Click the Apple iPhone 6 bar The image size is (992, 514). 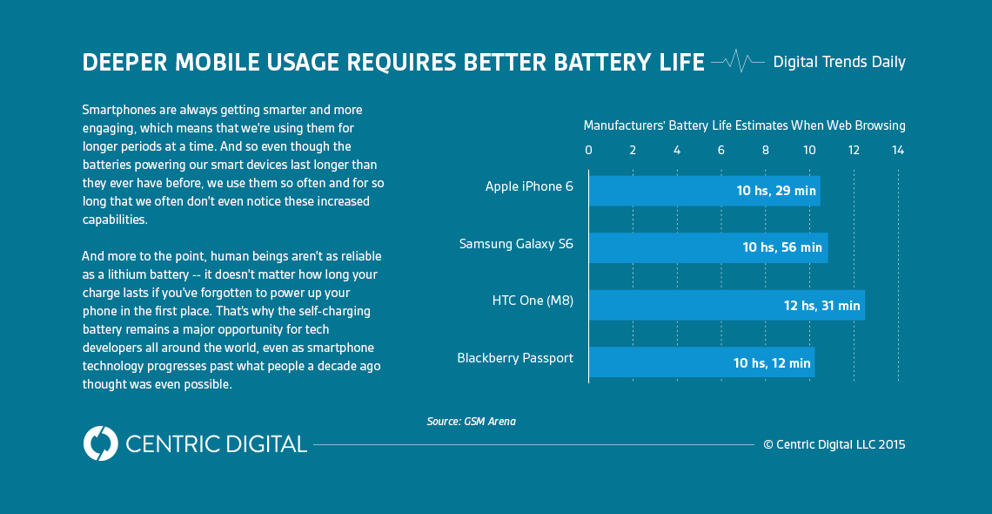coord(661,190)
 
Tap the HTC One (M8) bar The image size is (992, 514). coord(679,305)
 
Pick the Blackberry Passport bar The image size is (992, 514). coord(661,362)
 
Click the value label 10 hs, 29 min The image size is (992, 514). coord(776,191)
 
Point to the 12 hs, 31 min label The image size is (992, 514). coord(821,306)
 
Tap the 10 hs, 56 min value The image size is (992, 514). coord(782,248)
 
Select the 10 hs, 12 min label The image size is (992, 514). coord(773,363)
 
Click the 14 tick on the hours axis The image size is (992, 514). coord(898,151)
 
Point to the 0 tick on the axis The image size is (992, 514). coord(588,151)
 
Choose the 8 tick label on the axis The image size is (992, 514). coord(766,151)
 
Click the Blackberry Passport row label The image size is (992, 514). coord(515,358)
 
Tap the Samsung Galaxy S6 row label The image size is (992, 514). coord(516,244)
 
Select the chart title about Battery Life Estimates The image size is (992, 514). coord(744,125)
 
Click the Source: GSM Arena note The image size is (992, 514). coord(471,422)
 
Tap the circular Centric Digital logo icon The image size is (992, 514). coord(101,443)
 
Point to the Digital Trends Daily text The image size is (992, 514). coord(839,63)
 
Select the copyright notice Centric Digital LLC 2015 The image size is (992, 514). coord(834,444)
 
